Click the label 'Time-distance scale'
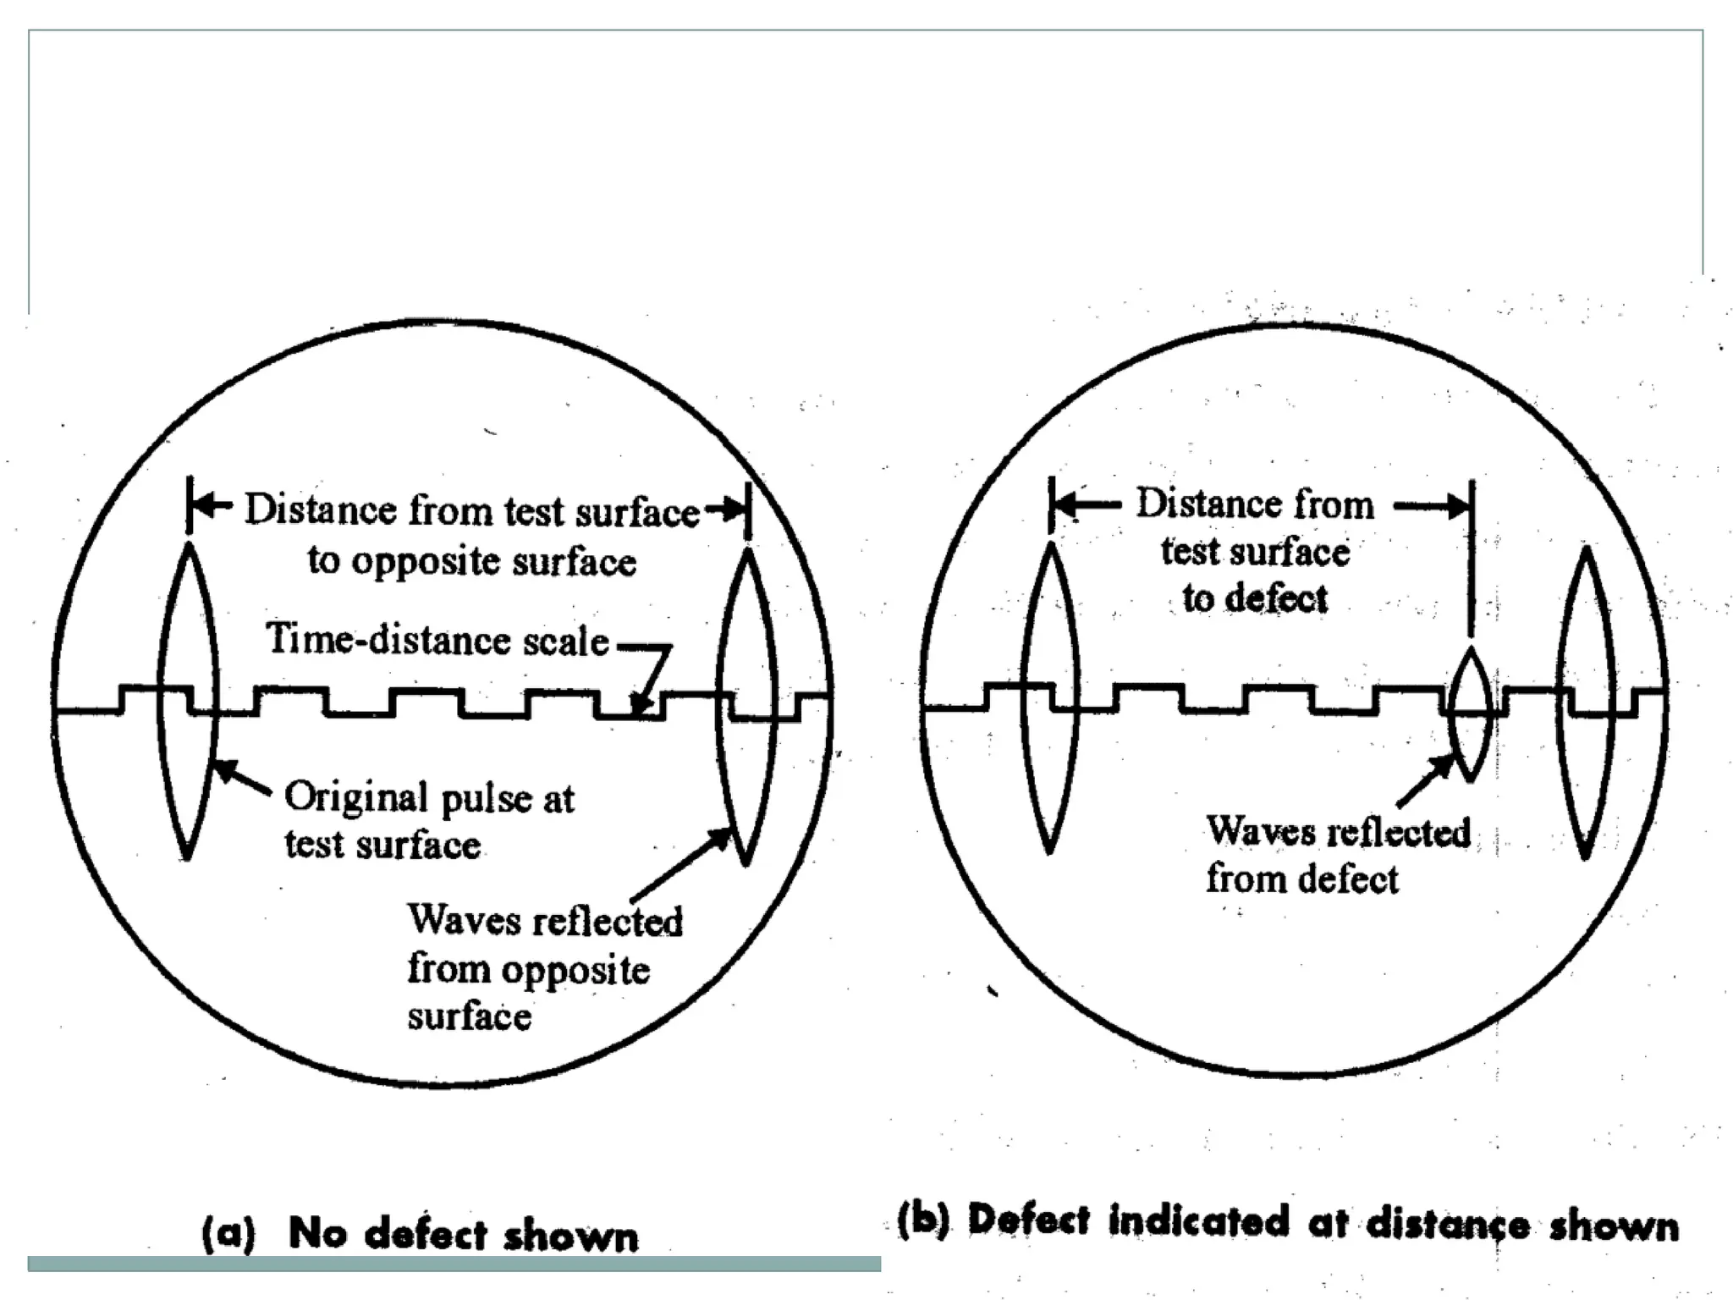[x=437, y=640]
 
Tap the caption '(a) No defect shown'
[x=421, y=1234]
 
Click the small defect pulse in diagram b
[x=1470, y=713]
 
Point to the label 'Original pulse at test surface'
[x=428, y=820]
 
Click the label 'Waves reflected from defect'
[x=1338, y=855]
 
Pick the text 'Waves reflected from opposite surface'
[x=544, y=967]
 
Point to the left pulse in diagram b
[x=1050, y=698]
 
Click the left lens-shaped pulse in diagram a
[x=188, y=701]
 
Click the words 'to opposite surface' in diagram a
[x=471, y=561]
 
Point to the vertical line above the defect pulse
[x=1472, y=559]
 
